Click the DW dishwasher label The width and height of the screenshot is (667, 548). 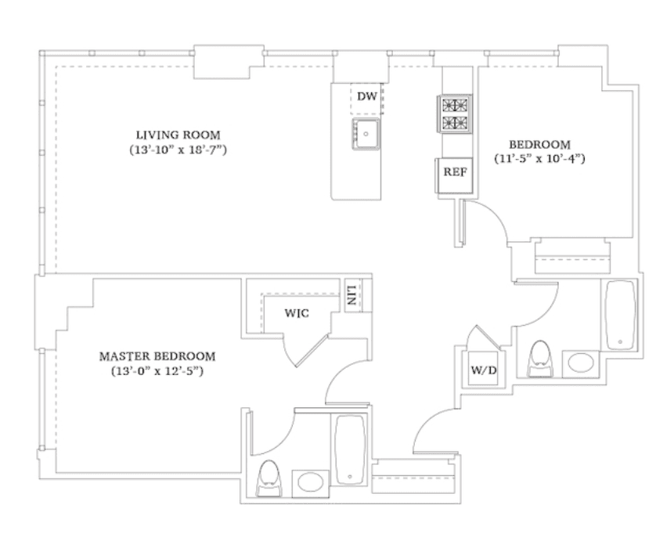[x=367, y=96]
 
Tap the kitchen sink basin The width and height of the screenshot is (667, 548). [x=366, y=134]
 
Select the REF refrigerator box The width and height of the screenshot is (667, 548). [x=454, y=175]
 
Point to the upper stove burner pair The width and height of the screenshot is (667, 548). [x=455, y=105]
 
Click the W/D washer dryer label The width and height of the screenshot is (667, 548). [x=484, y=370]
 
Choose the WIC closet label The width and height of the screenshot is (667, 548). [x=297, y=314]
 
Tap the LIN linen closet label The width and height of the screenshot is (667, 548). [x=352, y=295]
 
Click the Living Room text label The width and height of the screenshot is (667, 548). [x=178, y=135]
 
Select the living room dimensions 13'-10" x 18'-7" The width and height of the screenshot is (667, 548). [x=178, y=150]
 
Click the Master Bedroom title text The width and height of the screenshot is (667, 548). [x=157, y=356]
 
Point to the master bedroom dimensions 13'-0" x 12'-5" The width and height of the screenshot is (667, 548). [x=157, y=371]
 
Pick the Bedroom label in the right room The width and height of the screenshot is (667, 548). [x=540, y=145]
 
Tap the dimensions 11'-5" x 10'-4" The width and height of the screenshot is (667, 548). [x=540, y=159]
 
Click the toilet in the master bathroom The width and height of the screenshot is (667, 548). [x=269, y=478]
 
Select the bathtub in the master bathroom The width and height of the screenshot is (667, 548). [x=350, y=449]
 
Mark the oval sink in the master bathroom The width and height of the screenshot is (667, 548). [x=310, y=482]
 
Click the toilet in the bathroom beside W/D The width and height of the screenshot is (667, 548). [x=540, y=359]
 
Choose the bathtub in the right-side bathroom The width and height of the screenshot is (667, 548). [x=621, y=315]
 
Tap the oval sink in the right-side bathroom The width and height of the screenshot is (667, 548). [x=581, y=364]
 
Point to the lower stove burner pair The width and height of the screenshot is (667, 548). [x=455, y=123]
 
